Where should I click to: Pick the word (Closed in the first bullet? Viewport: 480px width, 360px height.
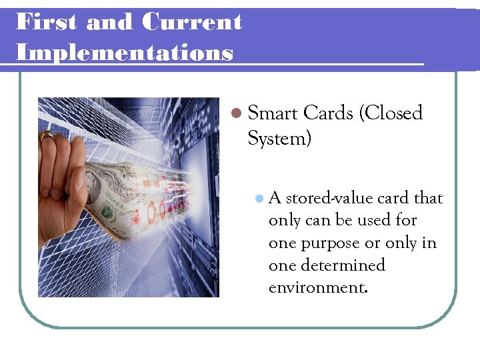tap(391, 113)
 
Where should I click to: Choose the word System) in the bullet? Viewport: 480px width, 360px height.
tap(279, 139)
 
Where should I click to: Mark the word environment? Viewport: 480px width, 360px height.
tap(317, 288)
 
